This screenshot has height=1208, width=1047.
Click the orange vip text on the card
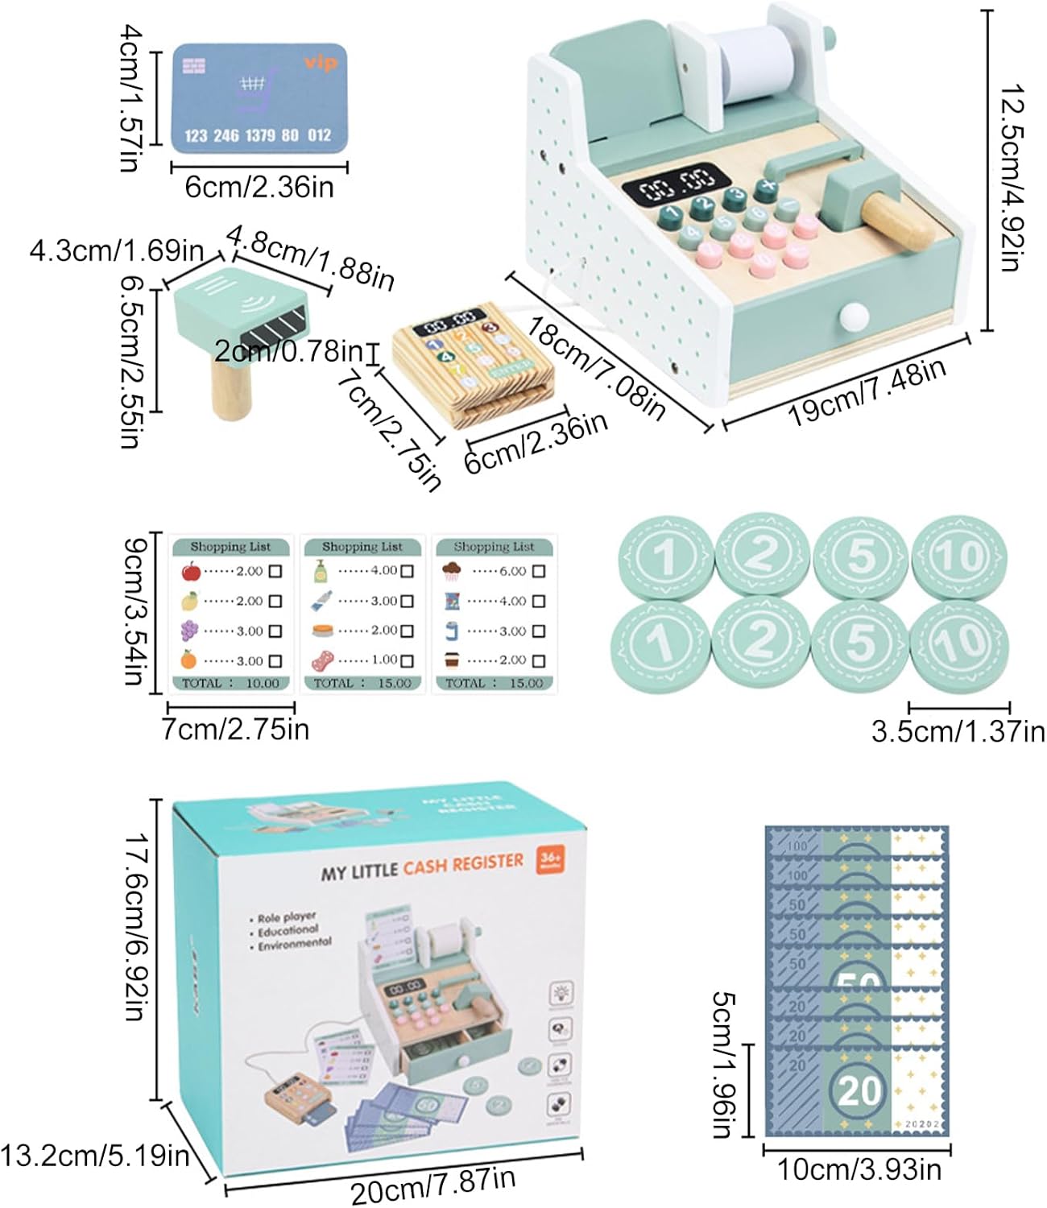[321, 63]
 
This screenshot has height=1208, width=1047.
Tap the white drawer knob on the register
[851, 316]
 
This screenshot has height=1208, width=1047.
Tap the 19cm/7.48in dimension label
[867, 391]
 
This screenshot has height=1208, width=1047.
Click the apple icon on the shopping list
[191, 572]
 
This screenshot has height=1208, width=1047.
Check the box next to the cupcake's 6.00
[539, 571]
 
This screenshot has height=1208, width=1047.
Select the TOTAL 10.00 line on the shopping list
[230, 683]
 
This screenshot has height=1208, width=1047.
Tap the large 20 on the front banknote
[859, 1091]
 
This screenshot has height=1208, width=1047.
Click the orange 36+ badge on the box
[550, 858]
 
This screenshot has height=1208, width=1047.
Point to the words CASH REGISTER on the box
[463, 865]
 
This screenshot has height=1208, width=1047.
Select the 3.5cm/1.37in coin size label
[958, 731]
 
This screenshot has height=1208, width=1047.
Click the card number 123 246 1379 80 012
[258, 135]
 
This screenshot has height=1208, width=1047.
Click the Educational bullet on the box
[288, 931]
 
